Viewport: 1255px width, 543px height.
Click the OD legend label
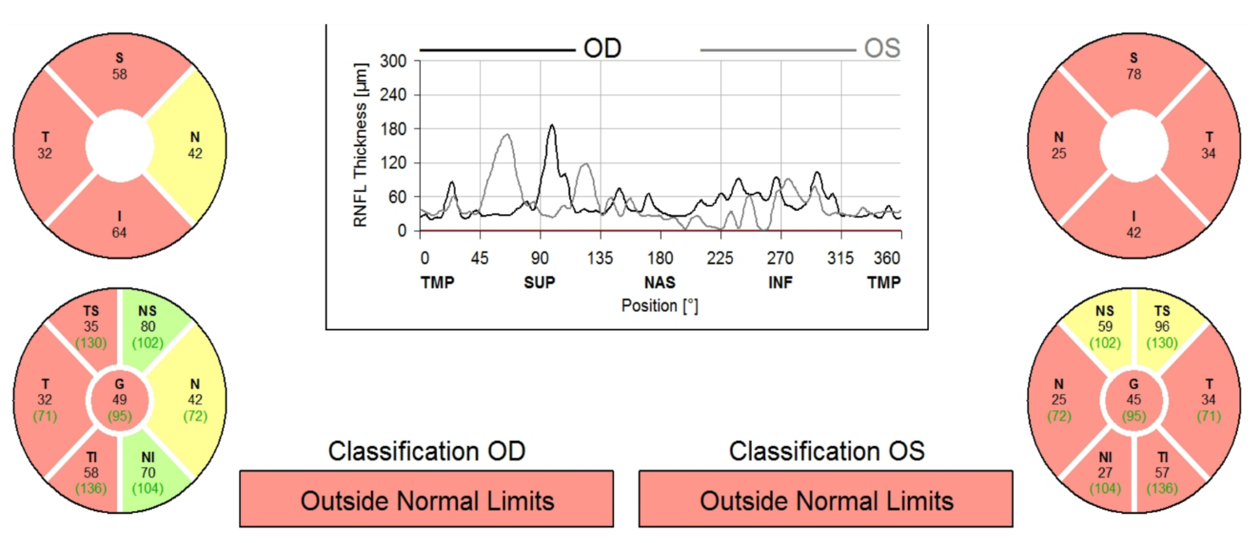pyautogui.click(x=602, y=48)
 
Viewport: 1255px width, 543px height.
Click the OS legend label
pyautogui.click(x=882, y=48)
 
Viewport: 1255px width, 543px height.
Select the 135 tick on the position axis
pyautogui.click(x=600, y=258)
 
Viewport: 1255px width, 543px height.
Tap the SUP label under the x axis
pyautogui.click(x=539, y=282)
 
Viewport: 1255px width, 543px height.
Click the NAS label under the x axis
pyautogui.click(x=660, y=282)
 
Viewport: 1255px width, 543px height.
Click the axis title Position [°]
pyautogui.click(x=660, y=306)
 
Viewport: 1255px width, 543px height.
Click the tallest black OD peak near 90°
pyautogui.click(x=552, y=126)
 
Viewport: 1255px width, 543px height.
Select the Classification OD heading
pyautogui.click(x=426, y=451)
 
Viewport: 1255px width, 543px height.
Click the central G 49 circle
pyautogui.click(x=119, y=400)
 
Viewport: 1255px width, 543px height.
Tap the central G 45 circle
pyautogui.click(x=1134, y=400)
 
